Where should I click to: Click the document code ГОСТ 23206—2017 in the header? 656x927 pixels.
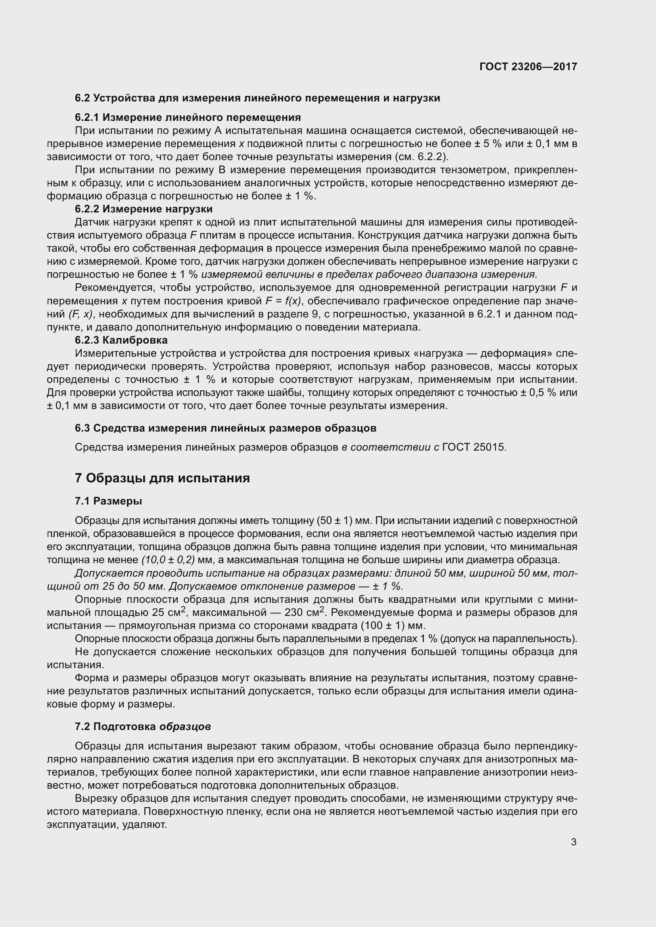pyautogui.click(x=528, y=67)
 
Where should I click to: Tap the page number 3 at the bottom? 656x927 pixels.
pyautogui.click(x=574, y=842)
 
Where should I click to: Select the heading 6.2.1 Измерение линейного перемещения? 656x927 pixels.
pyautogui.click(x=188, y=117)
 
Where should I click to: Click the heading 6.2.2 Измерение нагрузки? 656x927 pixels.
pyautogui.click(x=144, y=209)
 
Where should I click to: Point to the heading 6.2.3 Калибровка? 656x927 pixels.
pyautogui.click(x=121, y=340)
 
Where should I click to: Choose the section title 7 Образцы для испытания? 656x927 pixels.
pyautogui.click(x=162, y=478)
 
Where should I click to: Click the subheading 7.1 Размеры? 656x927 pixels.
pyautogui.click(x=108, y=501)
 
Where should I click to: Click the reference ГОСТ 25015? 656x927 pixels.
pyautogui.click(x=474, y=447)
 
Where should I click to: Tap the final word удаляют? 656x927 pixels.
pyautogui.click(x=147, y=824)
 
